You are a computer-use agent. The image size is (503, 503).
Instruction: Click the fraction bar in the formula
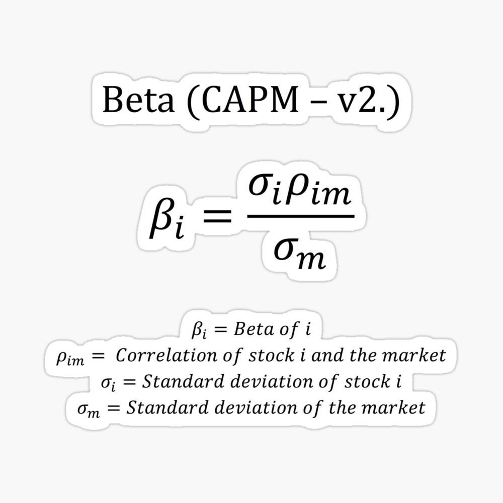point(297,217)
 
